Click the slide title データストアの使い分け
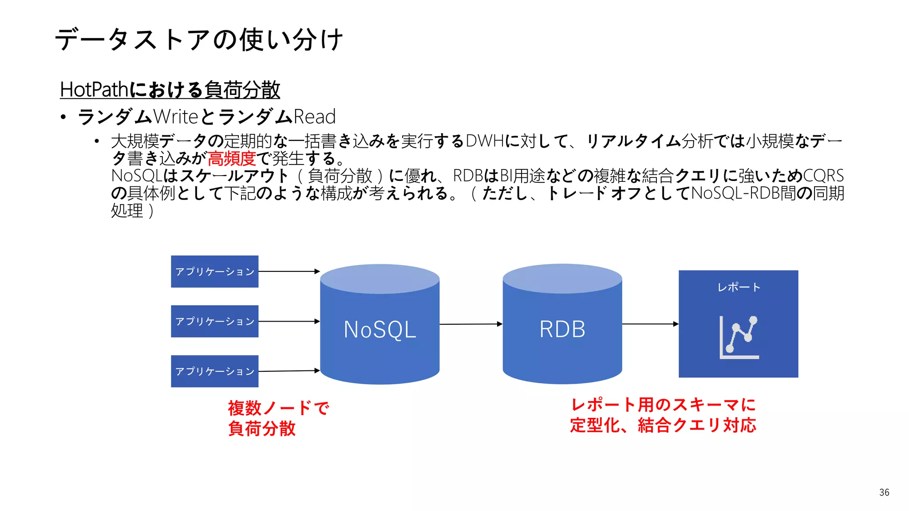click(199, 39)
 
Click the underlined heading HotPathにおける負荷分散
click(170, 90)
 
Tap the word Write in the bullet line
click(176, 117)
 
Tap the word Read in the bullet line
click(314, 117)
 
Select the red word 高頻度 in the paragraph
click(232, 158)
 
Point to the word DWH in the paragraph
click(485, 141)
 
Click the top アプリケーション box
click(215, 271)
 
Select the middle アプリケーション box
click(215, 321)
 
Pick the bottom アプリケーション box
click(215, 371)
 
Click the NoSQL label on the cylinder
click(380, 330)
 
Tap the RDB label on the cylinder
click(562, 329)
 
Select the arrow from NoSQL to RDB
click(470, 324)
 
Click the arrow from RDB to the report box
click(650, 324)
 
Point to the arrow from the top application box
click(289, 271)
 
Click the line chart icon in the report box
click(739, 337)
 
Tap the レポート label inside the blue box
click(739, 287)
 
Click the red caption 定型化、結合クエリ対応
click(663, 425)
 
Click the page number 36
click(884, 492)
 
